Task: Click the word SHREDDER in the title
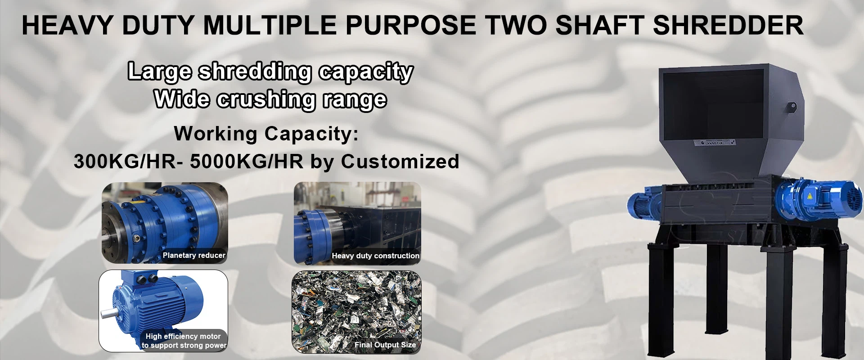728,25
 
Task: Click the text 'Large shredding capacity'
270,72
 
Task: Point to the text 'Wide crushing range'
270,99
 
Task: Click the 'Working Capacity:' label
266,134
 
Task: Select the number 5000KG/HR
247,162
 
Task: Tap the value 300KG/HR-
129,162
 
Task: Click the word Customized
400,162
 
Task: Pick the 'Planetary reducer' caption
194,255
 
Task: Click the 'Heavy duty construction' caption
376,256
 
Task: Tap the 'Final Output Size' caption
385,345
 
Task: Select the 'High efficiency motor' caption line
183,336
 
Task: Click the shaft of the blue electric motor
107,313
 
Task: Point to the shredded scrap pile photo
356,311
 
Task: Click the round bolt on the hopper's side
792,107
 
